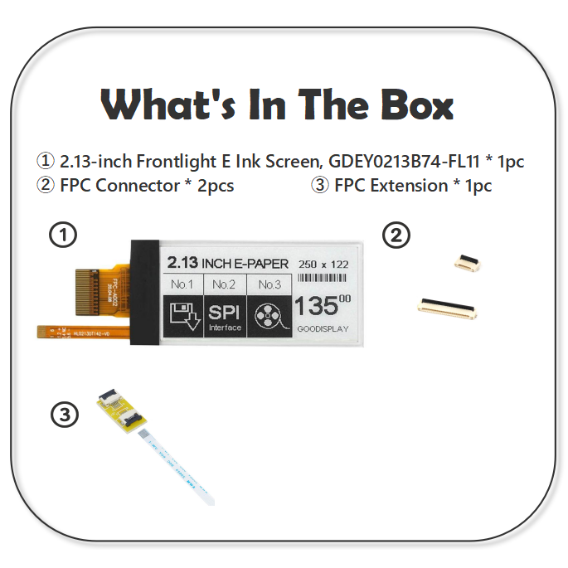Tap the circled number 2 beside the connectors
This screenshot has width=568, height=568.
pyautogui.click(x=396, y=235)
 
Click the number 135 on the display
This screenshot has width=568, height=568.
pyautogui.click(x=316, y=306)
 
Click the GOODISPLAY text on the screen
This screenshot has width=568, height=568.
pyautogui.click(x=323, y=329)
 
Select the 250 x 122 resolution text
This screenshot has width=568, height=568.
pyautogui.click(x=323, y=264)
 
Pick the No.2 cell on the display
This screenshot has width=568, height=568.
pyautogui.click(x=225, y=284)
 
